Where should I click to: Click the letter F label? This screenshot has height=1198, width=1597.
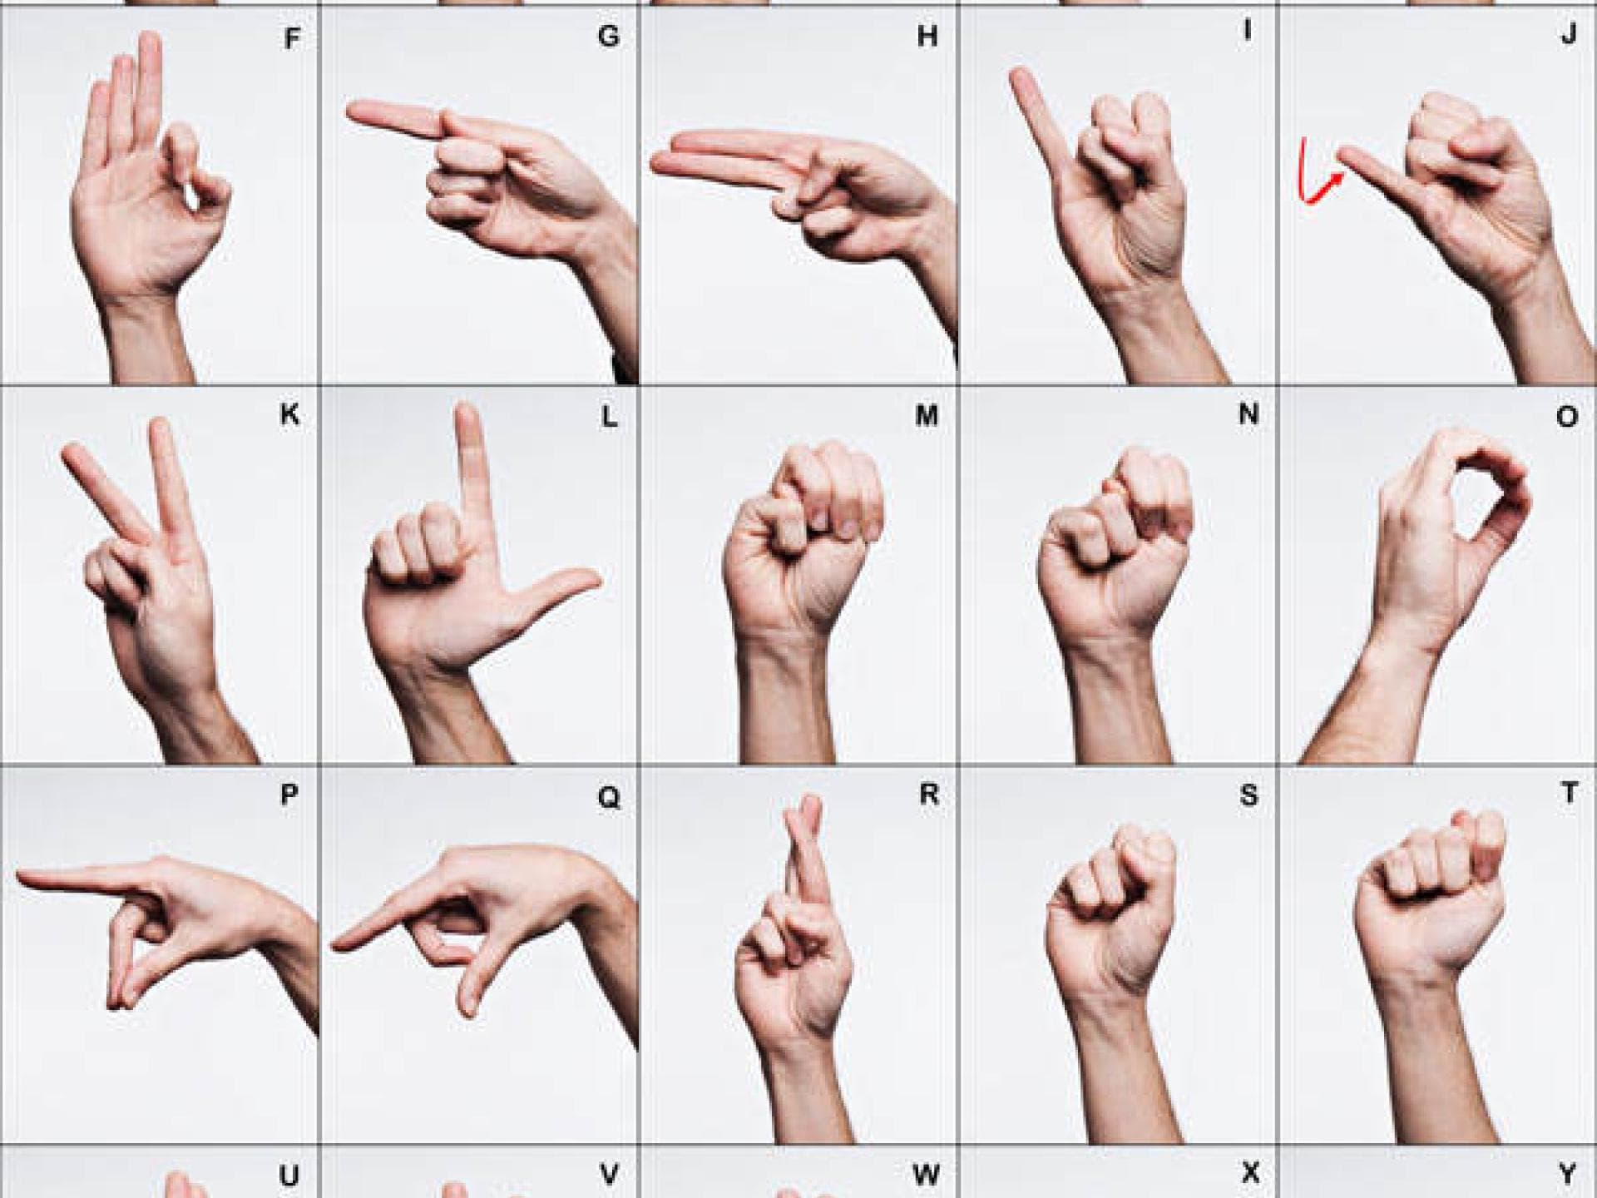(x=291, y=39)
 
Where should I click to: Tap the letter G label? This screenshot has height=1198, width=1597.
(x=609, y=37)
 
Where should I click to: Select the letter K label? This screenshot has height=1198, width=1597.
(x=289, y=414)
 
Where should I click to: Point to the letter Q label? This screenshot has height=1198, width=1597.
(x=609, y=797)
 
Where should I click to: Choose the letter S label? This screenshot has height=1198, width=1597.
(x=1248, y=795)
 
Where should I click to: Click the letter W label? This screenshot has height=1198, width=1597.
(x=926, y=1175)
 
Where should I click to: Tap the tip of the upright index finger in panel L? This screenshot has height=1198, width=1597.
(x=468, y=413)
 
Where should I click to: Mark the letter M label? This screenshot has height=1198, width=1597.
(x=927, y=416)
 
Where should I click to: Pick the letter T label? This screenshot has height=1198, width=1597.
(x=1569, y=793)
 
